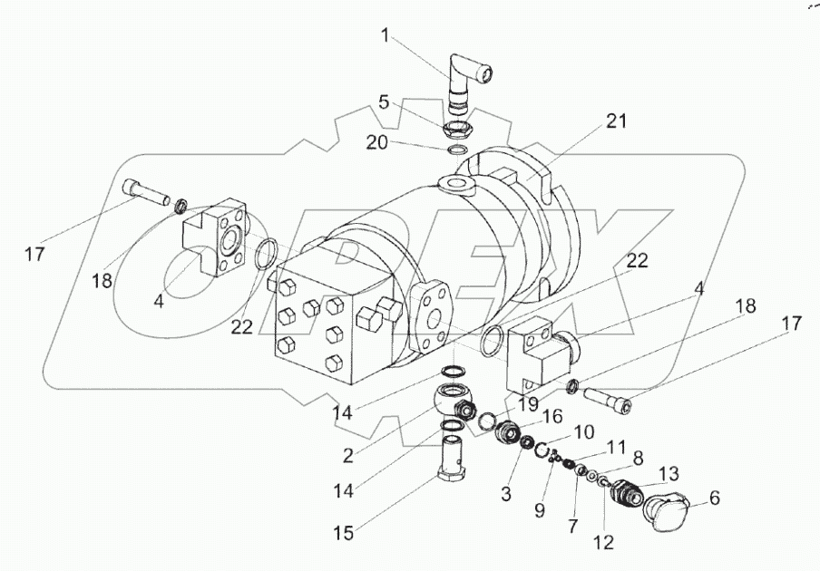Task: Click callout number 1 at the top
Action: pyautogui.click(x=385, y=35)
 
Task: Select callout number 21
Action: pyautogui.click(x=616, y=121)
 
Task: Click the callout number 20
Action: pyautogui.click(x=376, y=142)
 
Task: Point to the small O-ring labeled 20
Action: pyautogui.click(x=457, y=151)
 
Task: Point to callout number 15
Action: pyautogui.click(x=344, y=532)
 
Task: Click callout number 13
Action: pyautogui.click(x=668, y=473)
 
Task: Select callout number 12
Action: pyautogui.click(x=603, y=542)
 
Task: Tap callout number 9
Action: pyautogui.click(x=539, y=509)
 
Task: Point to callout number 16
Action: pyautogui.click(x=552, y=416)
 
